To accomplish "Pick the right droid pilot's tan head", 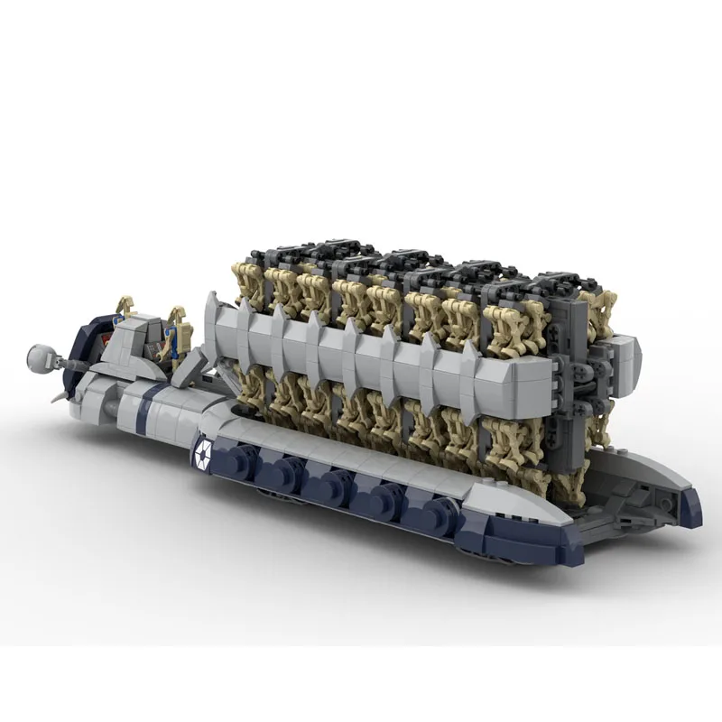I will [178, 313].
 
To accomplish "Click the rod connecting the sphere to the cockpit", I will [72, 362].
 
